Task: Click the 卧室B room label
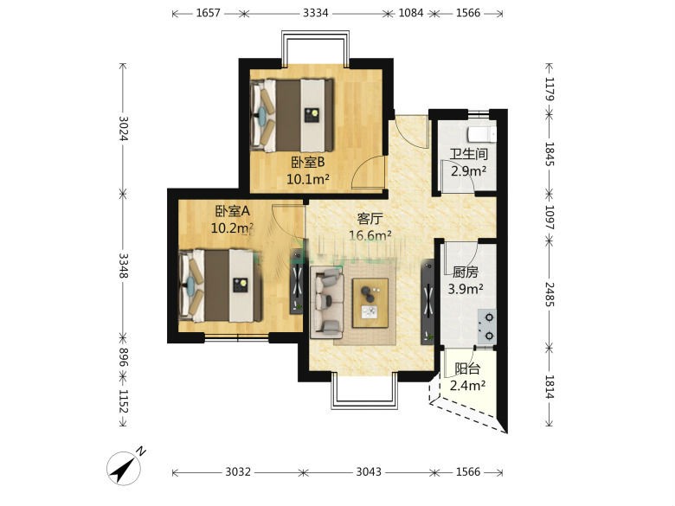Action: [x=307, y=163]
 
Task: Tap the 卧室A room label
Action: [x=233, y=211]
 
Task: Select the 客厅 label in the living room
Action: [x=370, y=219]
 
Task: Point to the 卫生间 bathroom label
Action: [x=469, y=154]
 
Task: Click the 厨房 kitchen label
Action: [x=465, y=272]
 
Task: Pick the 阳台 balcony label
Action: [x=467, y=368]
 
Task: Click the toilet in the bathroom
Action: [x=482, y=134]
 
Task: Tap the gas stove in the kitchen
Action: [x=487, y=326]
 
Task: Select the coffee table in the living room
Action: [x=370, y=303]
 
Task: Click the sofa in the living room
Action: [x=327, y=302]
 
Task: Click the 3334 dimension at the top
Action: [x=315, y=13]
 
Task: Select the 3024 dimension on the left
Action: [x=123, y=128]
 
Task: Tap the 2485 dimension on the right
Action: [x=550, y=294]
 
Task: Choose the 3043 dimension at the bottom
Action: [x=369, y=472]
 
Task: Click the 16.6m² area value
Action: [x=370, y=235]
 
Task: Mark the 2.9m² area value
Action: [x=469, y=170]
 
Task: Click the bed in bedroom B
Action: [x=292, y=115]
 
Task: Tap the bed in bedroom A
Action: [x=221, y=285]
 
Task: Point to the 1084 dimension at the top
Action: [x=411, y=13]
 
